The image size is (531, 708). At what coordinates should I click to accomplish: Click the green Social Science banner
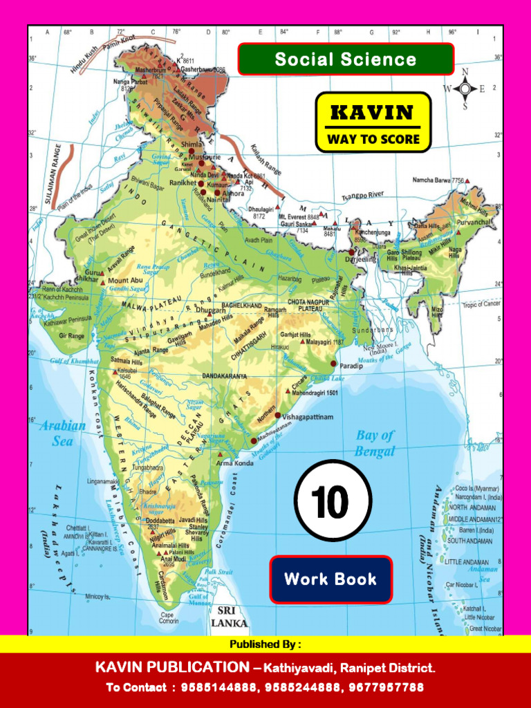click(346, 59)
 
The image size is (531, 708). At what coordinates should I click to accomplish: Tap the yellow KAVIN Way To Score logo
click(373, 122)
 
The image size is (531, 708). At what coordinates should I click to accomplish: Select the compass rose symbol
click(465, 88)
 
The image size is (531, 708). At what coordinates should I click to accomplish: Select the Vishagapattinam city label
click(308, 417)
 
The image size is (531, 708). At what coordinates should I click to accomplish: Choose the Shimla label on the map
click(192, 144)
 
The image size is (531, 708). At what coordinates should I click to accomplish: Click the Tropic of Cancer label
click(482, 304)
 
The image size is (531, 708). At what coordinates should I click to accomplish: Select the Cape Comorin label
click(169, 617)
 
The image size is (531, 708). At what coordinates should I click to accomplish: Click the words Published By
click(265, 644)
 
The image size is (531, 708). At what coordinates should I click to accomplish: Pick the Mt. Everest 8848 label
click(299, 216)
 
